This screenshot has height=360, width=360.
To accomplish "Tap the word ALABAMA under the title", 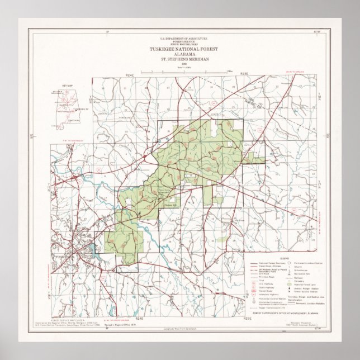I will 184,54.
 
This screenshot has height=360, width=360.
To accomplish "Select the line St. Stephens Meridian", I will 184,58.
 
